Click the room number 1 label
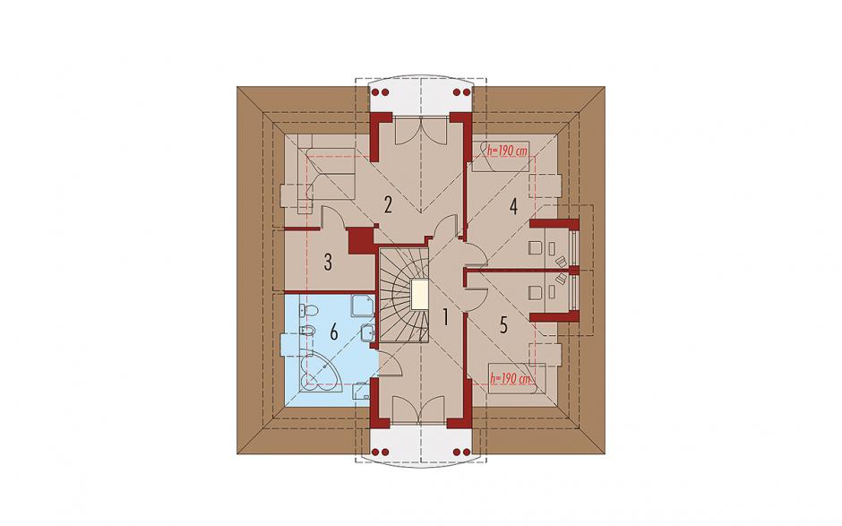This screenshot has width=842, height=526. [x=444, y=317]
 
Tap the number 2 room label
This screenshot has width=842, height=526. [x=388, y=204]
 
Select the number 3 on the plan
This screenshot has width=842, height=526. [x=328, y=262]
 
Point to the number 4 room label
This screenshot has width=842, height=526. [x=513, y=206]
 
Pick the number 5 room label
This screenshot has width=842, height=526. [x=503, y=324]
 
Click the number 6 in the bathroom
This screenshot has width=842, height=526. [x=333, y=332]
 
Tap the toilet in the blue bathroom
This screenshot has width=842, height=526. [x=309, y=311]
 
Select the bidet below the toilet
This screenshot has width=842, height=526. [x=307, y=330]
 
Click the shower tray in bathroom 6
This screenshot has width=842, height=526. [x=363, y=306]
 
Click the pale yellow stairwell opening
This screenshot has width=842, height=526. [x=419, y=295]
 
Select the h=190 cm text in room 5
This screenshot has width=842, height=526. [x=511, y=379]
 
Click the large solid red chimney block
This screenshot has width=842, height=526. [x=361, y=240]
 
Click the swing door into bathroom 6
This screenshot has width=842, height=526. [x=390, y=365]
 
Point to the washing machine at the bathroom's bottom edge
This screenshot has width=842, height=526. [x=362, y=390]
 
